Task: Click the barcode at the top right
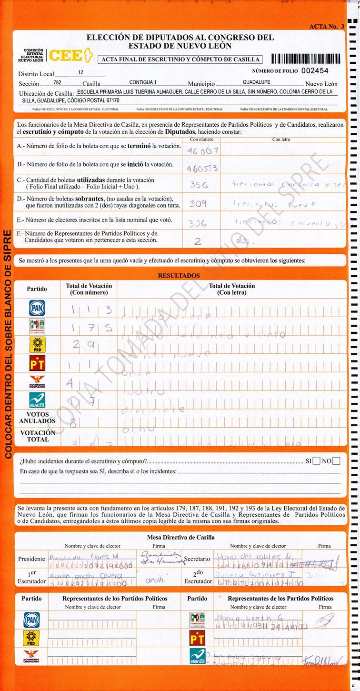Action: (305, 59)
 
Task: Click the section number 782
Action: (58, 83)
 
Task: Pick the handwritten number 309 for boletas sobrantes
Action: (198, 204)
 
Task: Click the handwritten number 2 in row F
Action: (198, 241)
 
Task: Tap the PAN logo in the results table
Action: (37, 308)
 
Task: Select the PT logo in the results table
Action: (37, 363)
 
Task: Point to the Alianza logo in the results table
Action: (37, 400)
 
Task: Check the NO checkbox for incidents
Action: (337, 461)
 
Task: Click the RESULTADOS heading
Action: (179, 276)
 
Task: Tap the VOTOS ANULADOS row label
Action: (37, 418)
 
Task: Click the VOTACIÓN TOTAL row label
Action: (38, 436)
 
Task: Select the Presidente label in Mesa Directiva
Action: (31, 559)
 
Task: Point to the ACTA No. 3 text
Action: (326, 27)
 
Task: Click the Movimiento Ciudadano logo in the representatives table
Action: (32, 657)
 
